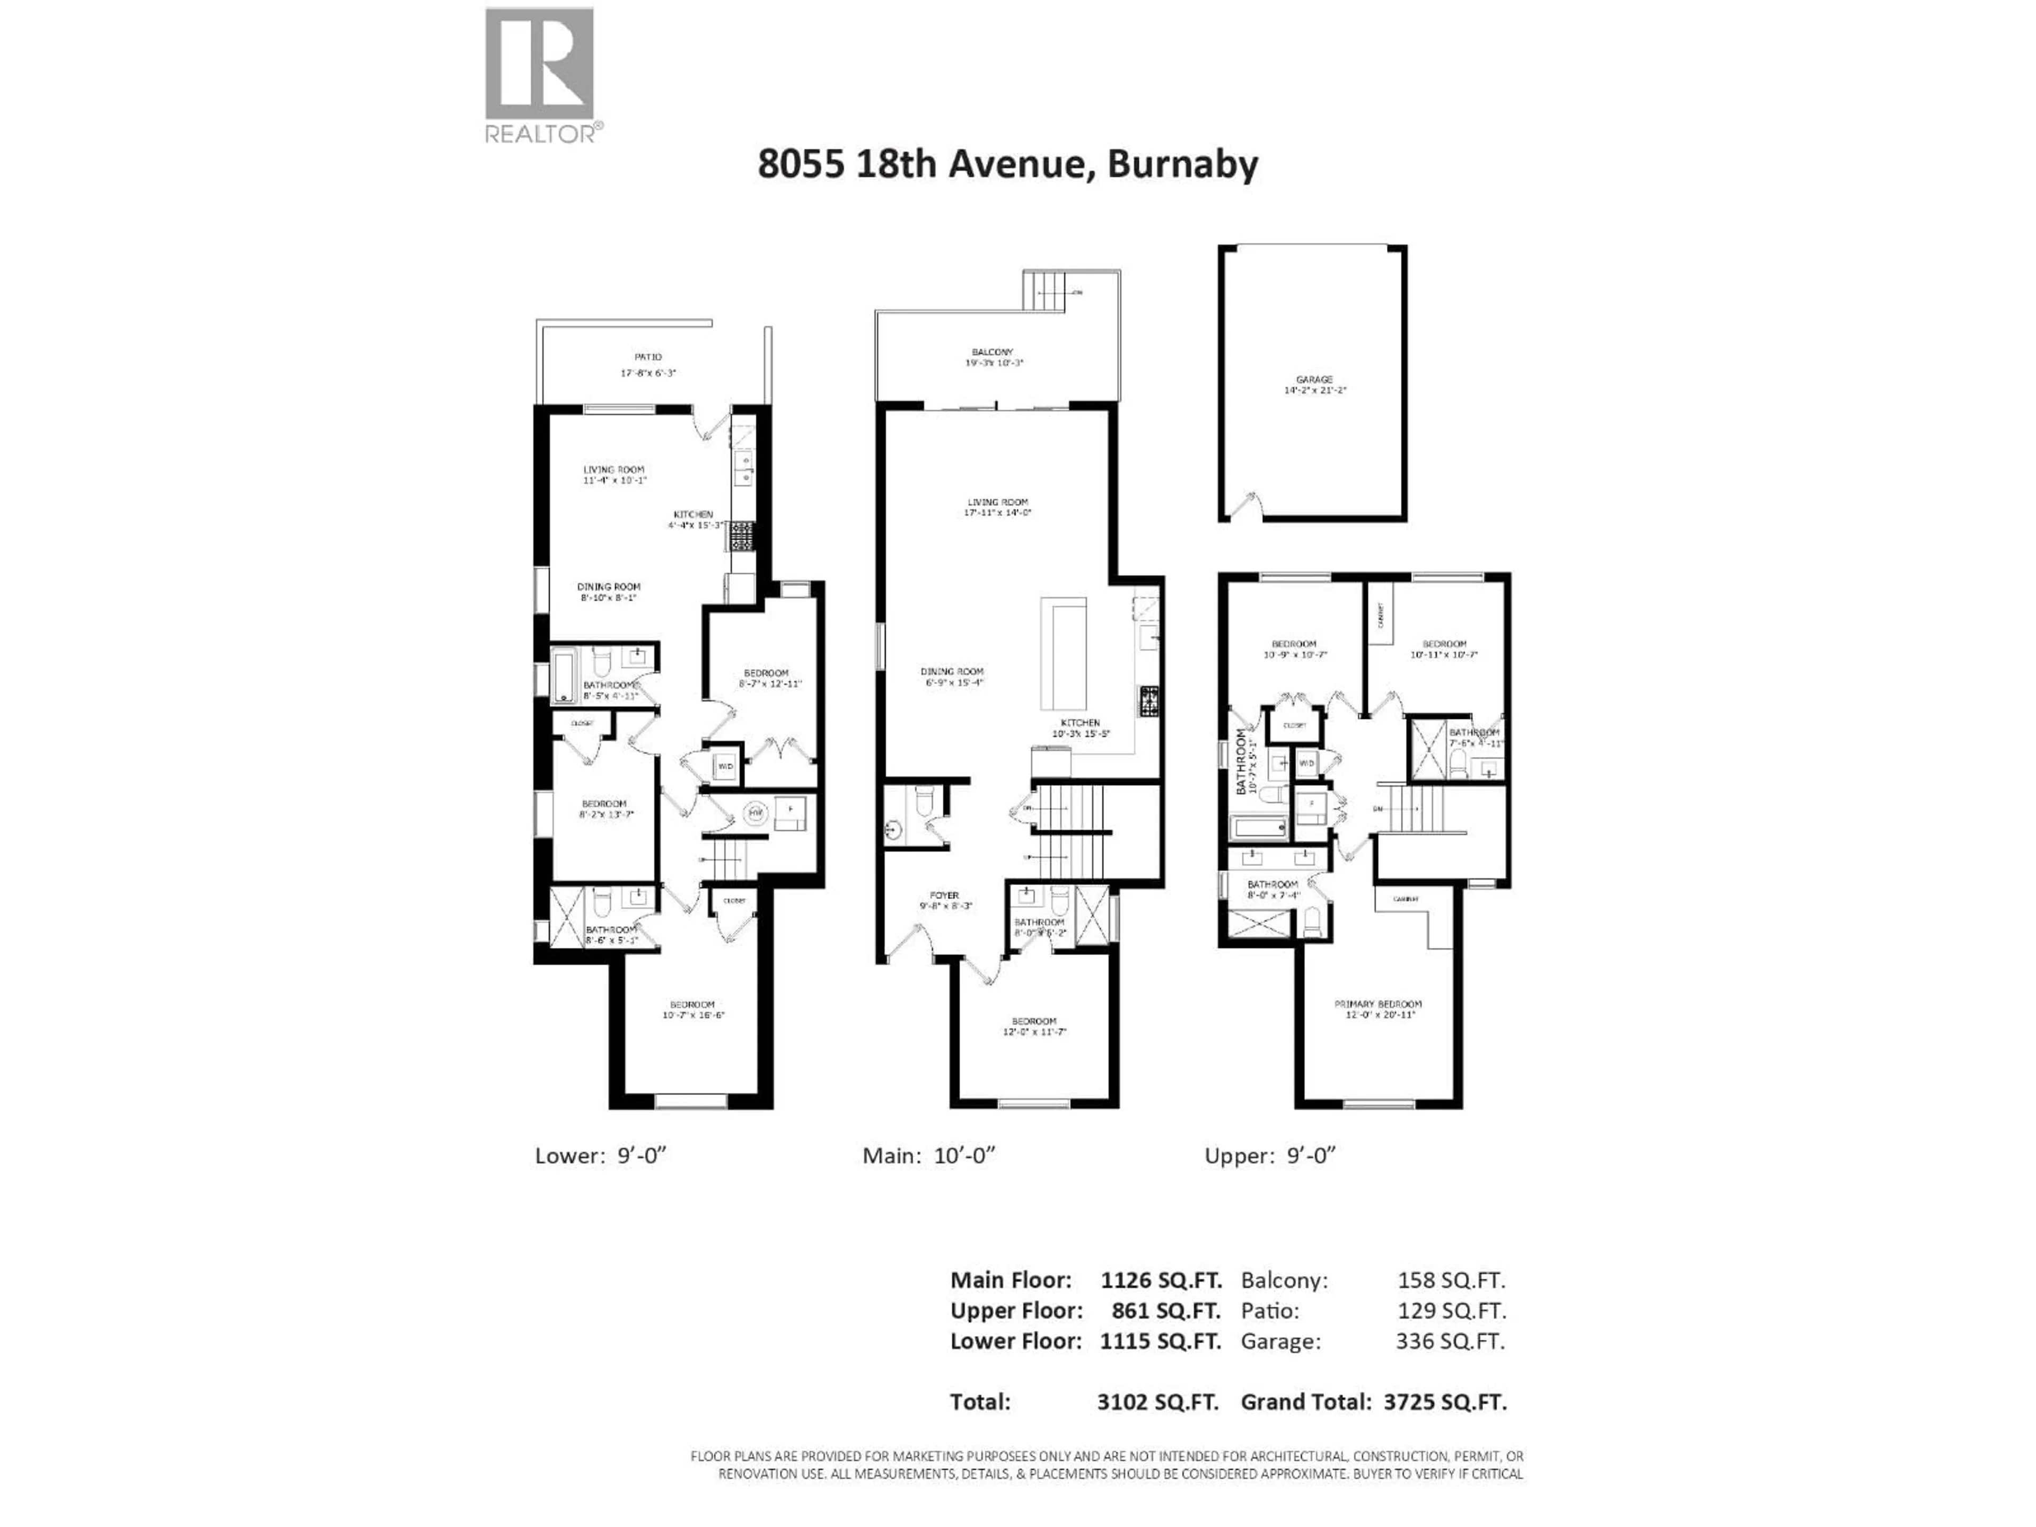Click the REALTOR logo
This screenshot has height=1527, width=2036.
coord(539,74)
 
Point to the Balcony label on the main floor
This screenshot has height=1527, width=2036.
coord(992,352)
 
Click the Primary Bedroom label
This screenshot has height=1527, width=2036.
coord(1378,1004)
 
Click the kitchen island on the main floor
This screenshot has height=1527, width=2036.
coord(1063,654)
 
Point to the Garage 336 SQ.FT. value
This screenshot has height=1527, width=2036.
coord(1450,1341)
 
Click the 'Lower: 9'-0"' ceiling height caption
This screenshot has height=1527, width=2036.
coord(600,1156)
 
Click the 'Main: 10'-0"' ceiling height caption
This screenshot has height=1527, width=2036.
coord(929,1156)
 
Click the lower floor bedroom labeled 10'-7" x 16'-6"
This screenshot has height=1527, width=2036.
coord(692,1010)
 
